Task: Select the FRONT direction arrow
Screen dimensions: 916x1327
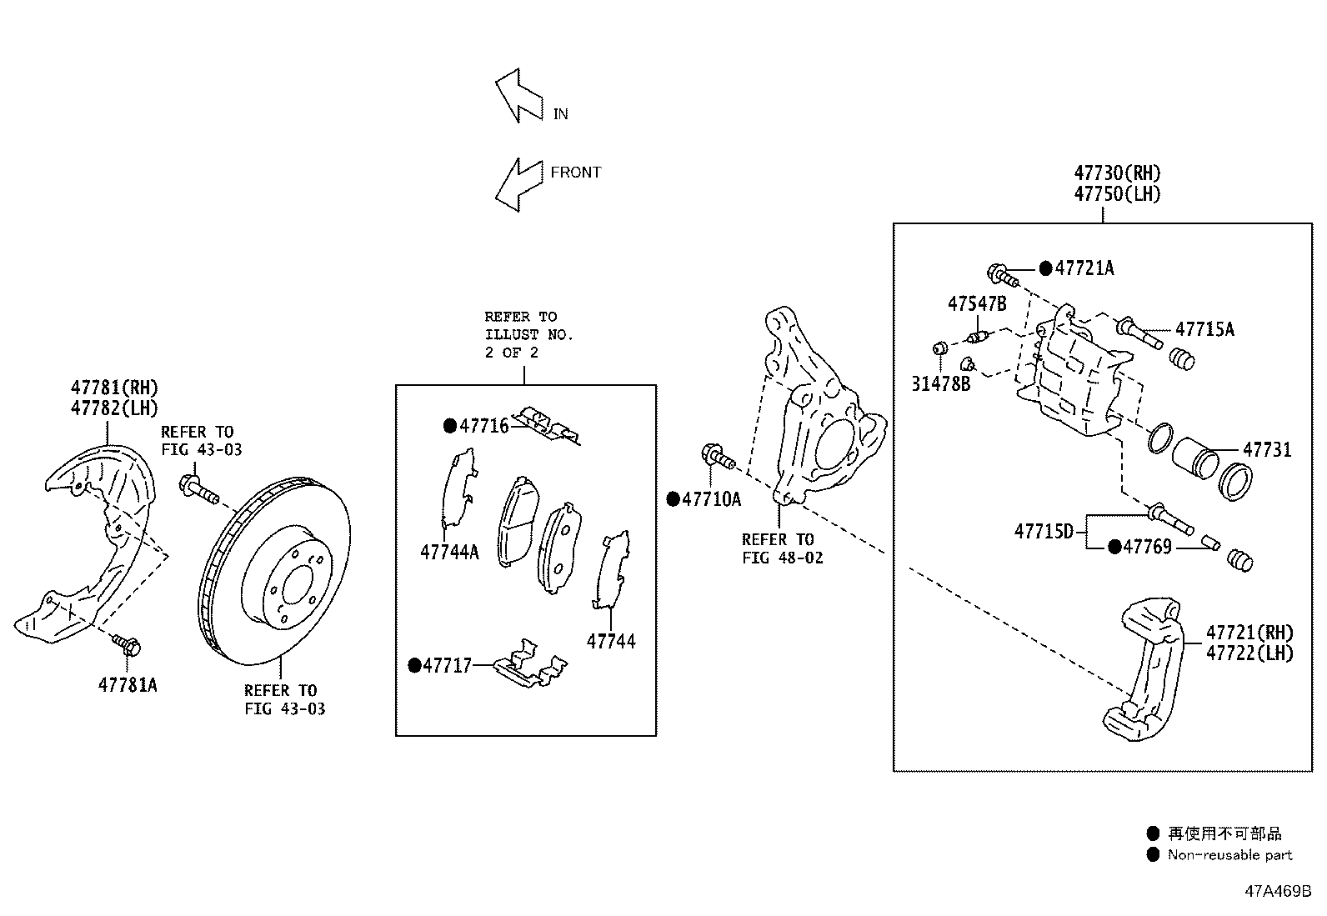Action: (518, 184)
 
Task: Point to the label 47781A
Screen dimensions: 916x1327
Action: (128, 685)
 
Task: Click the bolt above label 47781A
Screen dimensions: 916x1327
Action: (128, 643)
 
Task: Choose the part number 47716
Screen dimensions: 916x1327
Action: (483, 426)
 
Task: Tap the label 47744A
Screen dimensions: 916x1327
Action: (449, 552)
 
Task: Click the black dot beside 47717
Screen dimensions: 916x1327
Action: (414, 665)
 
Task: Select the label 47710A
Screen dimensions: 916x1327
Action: (711, 499)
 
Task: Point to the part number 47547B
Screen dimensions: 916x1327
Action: (977, 303)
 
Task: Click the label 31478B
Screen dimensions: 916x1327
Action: (941, 384)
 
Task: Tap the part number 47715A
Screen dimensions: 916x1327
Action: (1204, 329)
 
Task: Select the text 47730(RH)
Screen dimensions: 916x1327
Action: (1117, 173)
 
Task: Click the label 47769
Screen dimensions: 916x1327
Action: (1147, 547)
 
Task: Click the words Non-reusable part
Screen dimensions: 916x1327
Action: (1229, 854)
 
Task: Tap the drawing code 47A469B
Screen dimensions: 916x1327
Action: (1278, 891)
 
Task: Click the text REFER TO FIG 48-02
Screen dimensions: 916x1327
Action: (782, 548)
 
